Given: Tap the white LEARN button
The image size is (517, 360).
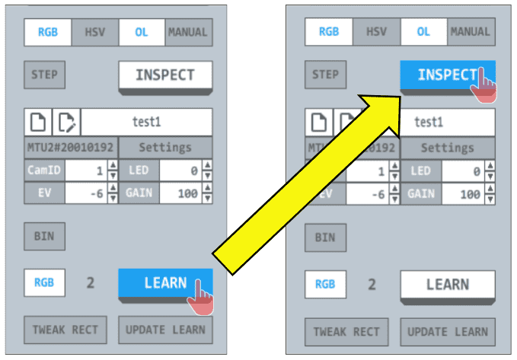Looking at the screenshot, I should (447, 285).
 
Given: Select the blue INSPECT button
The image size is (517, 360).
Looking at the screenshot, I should (442, 75).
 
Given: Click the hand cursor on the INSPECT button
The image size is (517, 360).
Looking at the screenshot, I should (483, 84).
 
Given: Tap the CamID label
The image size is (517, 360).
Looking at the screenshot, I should (43, 170).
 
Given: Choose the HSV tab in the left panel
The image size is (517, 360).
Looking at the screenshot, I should (94, 32).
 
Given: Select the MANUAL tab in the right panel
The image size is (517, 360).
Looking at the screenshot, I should (470, 32).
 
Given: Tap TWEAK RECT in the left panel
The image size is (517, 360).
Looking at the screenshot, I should (65, 330).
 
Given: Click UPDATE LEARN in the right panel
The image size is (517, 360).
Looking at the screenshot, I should (447, 331).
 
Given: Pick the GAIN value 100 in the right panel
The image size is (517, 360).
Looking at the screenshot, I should (467, 195).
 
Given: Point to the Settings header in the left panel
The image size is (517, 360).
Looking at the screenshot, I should (165, 147).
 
